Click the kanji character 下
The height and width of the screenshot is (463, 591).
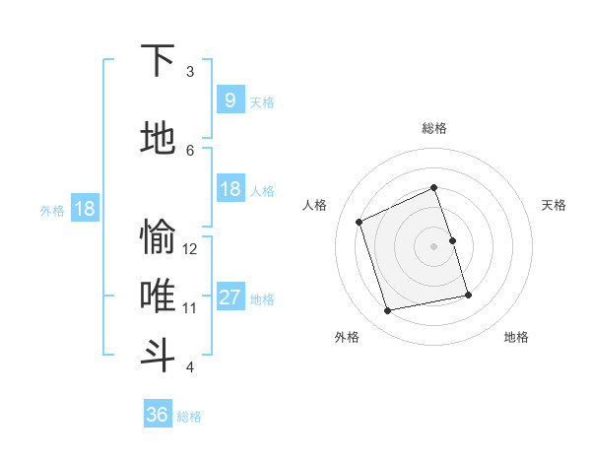tap(158, 60)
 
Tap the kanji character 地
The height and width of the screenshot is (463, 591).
tap(158, 139)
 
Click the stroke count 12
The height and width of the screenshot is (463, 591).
tap(191, 249)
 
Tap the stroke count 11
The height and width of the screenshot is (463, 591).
tap(191, 308)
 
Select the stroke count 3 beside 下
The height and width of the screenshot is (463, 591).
tap(190, 72)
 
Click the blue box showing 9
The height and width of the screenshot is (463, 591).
tap(230, 100)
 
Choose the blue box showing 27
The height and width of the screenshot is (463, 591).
tap(230, 298)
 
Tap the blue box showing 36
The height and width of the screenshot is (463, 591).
tap(158, 415)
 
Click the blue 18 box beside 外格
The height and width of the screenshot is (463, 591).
tap(84, 209)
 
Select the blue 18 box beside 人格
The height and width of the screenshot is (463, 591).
tap(230, 189)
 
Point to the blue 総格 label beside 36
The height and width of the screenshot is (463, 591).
tap(189, 417)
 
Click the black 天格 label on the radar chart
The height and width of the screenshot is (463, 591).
tap(554, 205)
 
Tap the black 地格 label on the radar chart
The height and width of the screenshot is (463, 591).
tap(516, 337)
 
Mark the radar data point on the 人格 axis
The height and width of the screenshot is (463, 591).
tap(360, 222)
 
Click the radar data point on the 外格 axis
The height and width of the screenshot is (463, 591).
tap(388, 310)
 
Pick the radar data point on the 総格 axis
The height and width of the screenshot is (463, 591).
tap(433, 187)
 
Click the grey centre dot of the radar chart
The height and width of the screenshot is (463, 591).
tap(433, 245)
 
